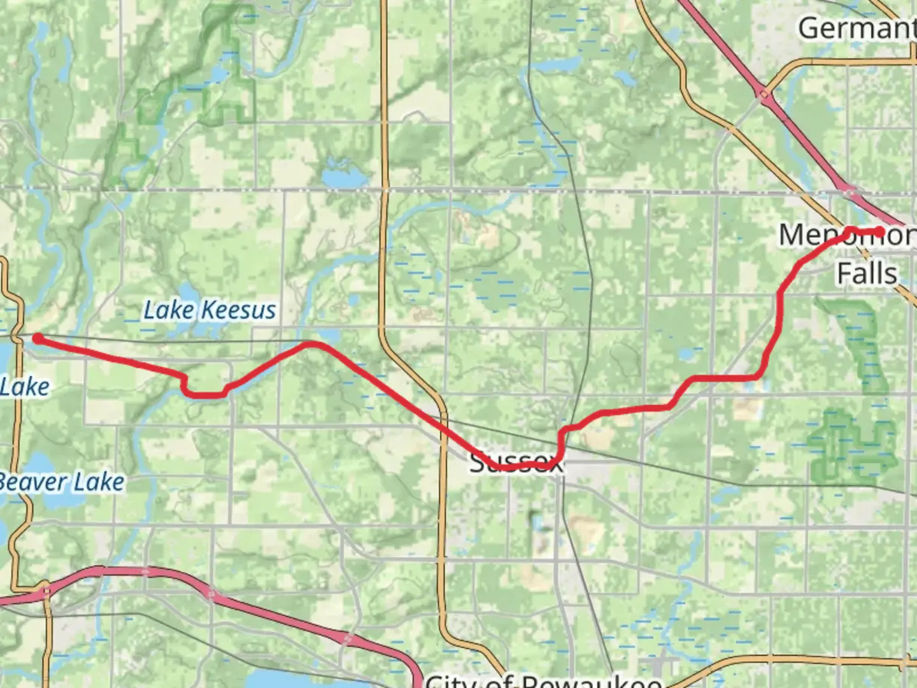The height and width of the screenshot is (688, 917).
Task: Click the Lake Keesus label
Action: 210,310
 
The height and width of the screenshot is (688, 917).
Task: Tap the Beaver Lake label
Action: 62,482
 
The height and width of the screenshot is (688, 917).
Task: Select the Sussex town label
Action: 516,463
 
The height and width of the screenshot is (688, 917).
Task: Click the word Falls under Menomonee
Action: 867,273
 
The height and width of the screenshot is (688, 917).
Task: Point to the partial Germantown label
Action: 857,28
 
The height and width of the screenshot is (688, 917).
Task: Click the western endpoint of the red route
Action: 38,338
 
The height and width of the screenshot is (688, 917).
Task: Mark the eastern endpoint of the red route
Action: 880,231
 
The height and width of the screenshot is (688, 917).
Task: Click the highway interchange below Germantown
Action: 765,96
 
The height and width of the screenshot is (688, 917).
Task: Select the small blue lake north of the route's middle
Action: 338,176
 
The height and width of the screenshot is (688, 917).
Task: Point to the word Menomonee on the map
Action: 847,235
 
